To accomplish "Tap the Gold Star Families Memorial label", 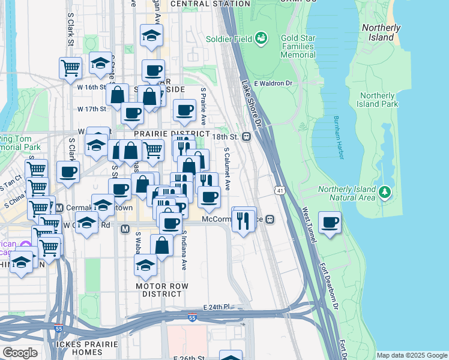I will pyautogui.click(x=289, y=46).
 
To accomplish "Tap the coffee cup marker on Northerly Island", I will pyautogui.click(x=330, y=223).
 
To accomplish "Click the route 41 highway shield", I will pyautogui.click(x=280, y=190).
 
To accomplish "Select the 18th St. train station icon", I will pyautogui.click(x=246, y=136).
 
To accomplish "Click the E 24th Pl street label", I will pyautogui.click(x=217, y=307).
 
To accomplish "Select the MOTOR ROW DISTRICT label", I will pyautogui.click(x=158, y=290).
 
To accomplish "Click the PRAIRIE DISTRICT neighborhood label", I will pyautogui.click(x=172, y=133).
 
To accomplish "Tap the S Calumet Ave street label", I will pyautogui.click(x=228, y=170).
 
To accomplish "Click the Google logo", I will pyautogui.click(x=20, y=352).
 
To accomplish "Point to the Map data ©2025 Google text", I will pyautogui.click(x=411, y=355).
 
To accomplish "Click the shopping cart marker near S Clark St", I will pyautogui.click(x=70, y=68).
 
